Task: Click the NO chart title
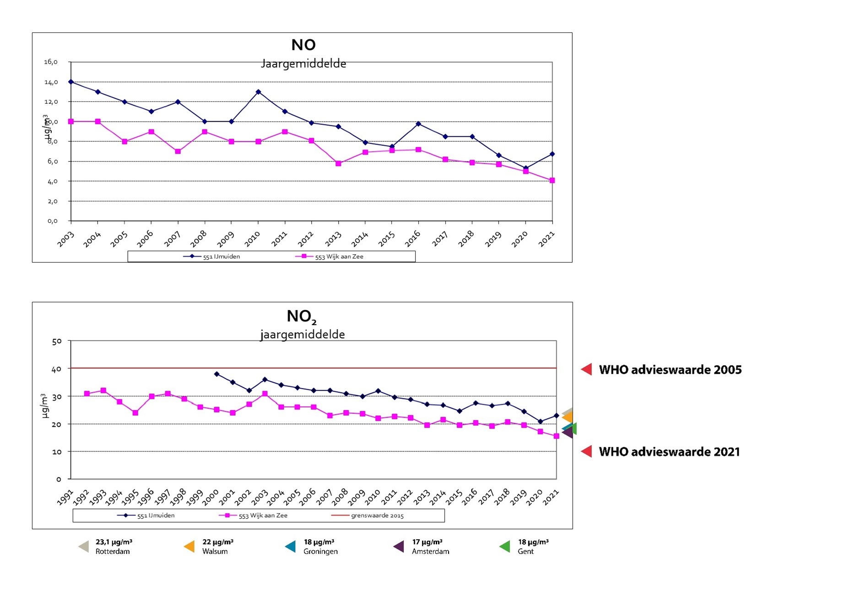pyautogui.click(x=303, y=45)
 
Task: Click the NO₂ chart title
pyautogui.click(x=301, y=316)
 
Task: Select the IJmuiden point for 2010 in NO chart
pyautogui.click(x=258, y=92)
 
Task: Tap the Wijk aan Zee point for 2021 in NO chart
pyautogui.click(x=552, y=181)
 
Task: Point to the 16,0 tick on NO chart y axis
pyautogui.click(x=51, y=62)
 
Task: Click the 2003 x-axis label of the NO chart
pyautogui.click(x=65, y=239)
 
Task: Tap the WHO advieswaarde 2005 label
pyautogui.click(x=670, y=370)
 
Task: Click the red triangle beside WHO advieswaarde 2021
pyautogui.click(x=587, y=451)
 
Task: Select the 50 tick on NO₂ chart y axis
pyautogui.click(x=57, y=341)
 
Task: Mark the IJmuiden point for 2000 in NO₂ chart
pyautogui.click(x=217, y=374)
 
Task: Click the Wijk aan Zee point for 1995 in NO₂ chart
pyautogui.click(x=135, y=413)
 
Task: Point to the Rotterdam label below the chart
pyautogui.click(x=113, y=552)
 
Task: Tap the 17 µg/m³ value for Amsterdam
pyautogui.click(x=427, y=542)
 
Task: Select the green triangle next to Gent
pyautogui.click(x=505, y=546)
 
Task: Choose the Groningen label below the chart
pyautogui.click(x=320, y=552)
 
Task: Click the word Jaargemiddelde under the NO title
pyautogui.click(x=303, y=64)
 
